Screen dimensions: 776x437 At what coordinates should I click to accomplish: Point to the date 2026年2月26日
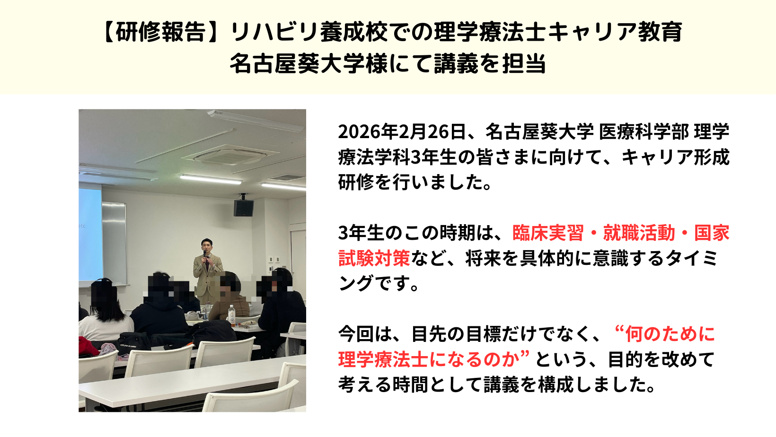pos(402,132)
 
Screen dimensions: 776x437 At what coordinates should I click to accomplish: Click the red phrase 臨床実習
pos(548,233)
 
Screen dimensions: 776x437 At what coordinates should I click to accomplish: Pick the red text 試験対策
pos(374,258)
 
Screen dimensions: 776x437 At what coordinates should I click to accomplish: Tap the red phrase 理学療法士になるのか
pos(429,359)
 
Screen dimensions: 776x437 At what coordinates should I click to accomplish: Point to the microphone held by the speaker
pos(205,254)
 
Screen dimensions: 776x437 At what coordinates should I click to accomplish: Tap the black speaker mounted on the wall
pos(244,208)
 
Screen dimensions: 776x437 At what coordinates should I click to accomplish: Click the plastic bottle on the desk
pos(232,316)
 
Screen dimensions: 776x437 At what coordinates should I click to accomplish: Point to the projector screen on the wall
pos(90,233)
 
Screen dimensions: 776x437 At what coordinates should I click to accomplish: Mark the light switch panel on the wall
pos(273,259)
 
